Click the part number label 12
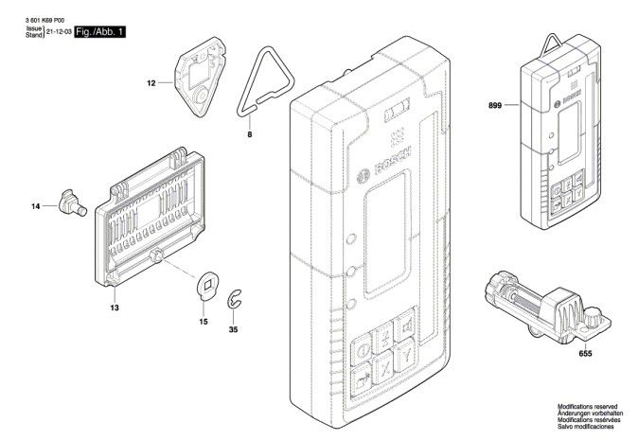point(151,83)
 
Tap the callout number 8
point(249,134)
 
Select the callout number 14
point(36,206)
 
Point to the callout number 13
point(115,308)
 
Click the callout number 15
point(204,322)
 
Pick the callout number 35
point(233,330)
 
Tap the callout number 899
point(495,106)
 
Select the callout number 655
point(585,354)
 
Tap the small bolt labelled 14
point(73,203)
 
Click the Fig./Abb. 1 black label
point(100,32)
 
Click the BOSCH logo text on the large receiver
point(393,161)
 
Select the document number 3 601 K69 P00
point(44,20)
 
